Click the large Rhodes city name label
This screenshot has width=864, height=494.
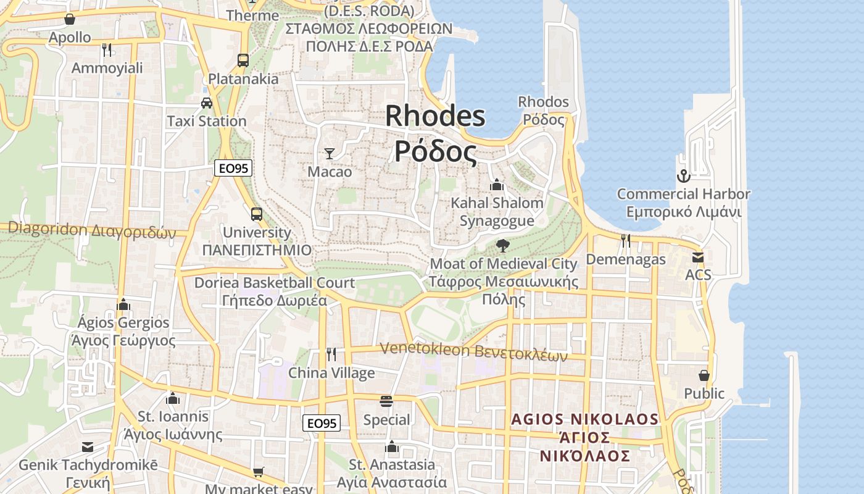coord(436,134)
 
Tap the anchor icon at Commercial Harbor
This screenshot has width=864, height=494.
coord(683,176)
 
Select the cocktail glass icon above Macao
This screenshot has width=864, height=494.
coord(330,154)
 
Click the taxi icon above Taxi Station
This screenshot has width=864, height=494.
coord(207,103)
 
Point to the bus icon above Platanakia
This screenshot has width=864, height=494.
coord(243,61)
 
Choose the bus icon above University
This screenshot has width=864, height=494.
coord(257,214)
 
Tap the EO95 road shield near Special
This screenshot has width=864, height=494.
coord(322,423)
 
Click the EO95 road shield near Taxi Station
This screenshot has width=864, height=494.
coord(234,167)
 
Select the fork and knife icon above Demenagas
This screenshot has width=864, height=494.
coord(626,241)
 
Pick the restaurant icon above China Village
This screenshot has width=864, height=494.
coord(331,354)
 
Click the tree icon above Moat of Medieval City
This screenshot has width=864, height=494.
coord(503,246)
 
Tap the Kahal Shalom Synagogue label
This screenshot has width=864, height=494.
coord(497,212)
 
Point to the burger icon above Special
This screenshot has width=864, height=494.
coord(386,401)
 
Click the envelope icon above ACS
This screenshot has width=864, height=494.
coord(698,257)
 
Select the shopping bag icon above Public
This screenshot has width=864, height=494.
coord(704,375)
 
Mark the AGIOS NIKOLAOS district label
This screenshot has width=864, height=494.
coord(584,438)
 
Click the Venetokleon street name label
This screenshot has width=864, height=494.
coord(473,351)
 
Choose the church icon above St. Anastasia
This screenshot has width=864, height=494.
coord(392,446)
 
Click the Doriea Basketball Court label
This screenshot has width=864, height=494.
coord(275,291)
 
